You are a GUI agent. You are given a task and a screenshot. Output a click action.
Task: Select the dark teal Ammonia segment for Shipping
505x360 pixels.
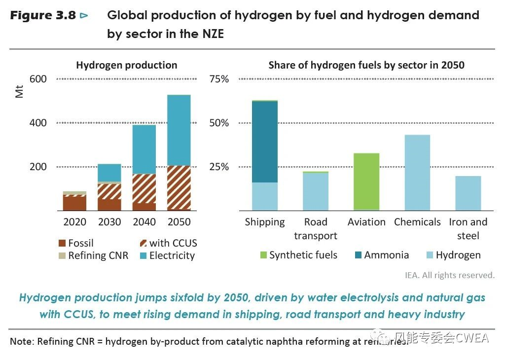265,142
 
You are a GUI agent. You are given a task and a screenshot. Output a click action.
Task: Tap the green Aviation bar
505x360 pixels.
366,181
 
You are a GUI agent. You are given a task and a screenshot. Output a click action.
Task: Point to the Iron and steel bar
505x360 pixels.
468,193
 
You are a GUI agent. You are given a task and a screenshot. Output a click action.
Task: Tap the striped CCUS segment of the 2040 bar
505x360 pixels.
144,188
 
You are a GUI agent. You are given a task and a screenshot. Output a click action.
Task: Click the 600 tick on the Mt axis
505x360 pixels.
38,79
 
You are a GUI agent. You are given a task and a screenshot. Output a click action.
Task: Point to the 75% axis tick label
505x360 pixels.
219,79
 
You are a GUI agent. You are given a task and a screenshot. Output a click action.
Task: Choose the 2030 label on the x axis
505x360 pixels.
109,222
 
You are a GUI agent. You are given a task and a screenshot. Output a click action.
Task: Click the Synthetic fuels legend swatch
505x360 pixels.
263,255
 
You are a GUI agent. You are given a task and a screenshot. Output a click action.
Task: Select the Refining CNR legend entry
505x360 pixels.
93,255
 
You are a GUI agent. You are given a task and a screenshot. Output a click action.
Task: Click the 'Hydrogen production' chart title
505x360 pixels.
126,65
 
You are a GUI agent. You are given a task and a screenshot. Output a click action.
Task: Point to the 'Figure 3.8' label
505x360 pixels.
43,15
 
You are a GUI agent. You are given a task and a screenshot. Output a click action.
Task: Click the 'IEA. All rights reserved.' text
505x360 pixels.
456,275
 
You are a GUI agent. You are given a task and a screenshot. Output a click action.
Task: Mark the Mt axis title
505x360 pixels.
20,91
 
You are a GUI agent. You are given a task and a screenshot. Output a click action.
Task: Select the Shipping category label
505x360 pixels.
265,222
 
